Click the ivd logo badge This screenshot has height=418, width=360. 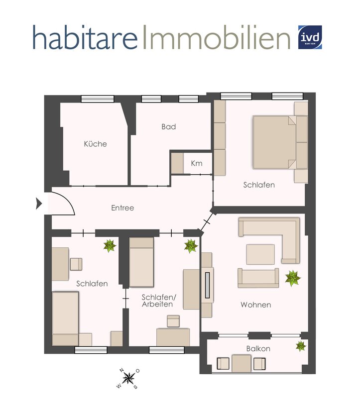(x=310, y=37)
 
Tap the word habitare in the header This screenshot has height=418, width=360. (x=85, y=37)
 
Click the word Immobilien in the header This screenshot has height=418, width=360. (x=217, y=37)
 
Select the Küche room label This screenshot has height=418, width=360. (x=95, y=144)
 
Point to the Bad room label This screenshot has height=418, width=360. (x=168, y=126)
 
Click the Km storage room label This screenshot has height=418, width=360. (x=197, y=163)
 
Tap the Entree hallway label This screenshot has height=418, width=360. (x=122, y=208)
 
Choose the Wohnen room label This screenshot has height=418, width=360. (x=256, y=305)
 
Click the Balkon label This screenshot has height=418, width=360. (x=258, y=348)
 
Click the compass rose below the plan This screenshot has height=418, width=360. (x=128, y=378)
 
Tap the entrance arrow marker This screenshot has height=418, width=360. (x=39, y=204)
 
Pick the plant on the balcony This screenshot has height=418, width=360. (x=301, y=346)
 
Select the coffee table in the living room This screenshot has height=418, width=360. (x=260, y=254)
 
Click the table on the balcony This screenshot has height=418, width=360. (x=241, y=363)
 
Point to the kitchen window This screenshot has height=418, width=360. (x=97, y=99)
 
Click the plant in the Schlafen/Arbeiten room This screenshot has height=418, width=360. (x=191, y=246)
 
